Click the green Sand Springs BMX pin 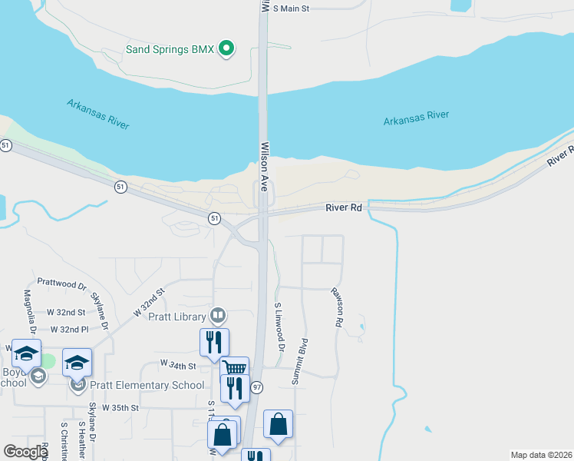point(226,49)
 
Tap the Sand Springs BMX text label point(170,50)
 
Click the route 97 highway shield point(257,388)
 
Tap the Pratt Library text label point(178,317)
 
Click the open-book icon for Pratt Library point(219,316)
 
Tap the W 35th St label point(120,407)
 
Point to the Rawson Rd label point(336,307)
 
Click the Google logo point(25,452)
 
